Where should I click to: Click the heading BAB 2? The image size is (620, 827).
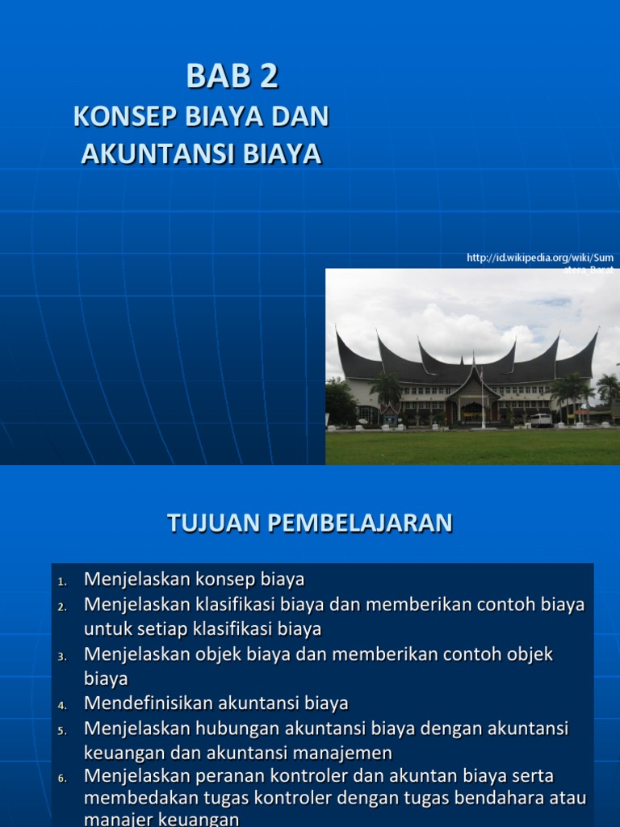[232, 77]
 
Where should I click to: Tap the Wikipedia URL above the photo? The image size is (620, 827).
[540, 258]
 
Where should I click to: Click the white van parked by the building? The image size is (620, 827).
[540, 420]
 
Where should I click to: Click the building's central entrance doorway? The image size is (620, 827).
[472, 413]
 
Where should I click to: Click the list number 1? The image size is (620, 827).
[62, 581]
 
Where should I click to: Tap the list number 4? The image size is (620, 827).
[62, 706]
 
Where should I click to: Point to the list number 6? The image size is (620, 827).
[62, 779]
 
